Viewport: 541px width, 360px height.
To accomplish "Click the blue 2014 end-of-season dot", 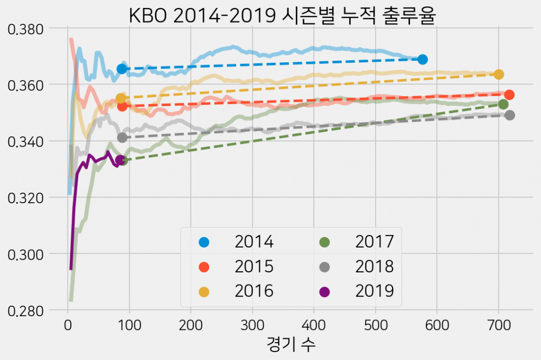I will coord(422,59).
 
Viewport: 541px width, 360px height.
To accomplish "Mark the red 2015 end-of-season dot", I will coord(509,94).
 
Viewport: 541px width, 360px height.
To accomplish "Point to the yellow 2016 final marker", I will coord(499,74).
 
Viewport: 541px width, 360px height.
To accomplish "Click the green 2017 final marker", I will coord(503,105).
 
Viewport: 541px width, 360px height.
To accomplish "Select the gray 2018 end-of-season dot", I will coord(510,115).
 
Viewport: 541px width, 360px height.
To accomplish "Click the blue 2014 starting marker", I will coord(122,69).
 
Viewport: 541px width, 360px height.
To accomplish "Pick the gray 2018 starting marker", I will coord(122,138).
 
